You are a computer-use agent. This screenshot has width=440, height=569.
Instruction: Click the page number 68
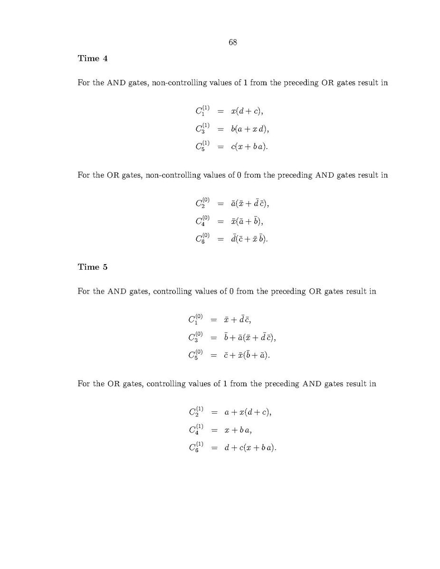(233, 42)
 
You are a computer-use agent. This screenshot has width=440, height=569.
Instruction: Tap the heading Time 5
(93, 267)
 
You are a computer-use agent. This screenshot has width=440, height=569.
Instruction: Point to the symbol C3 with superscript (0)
(196, 337)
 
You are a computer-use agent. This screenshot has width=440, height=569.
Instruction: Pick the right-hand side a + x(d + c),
(248, 412)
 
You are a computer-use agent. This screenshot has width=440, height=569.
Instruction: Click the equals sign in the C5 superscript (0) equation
(213, 355)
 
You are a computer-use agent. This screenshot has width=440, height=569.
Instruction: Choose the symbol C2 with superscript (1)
(196, 412)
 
